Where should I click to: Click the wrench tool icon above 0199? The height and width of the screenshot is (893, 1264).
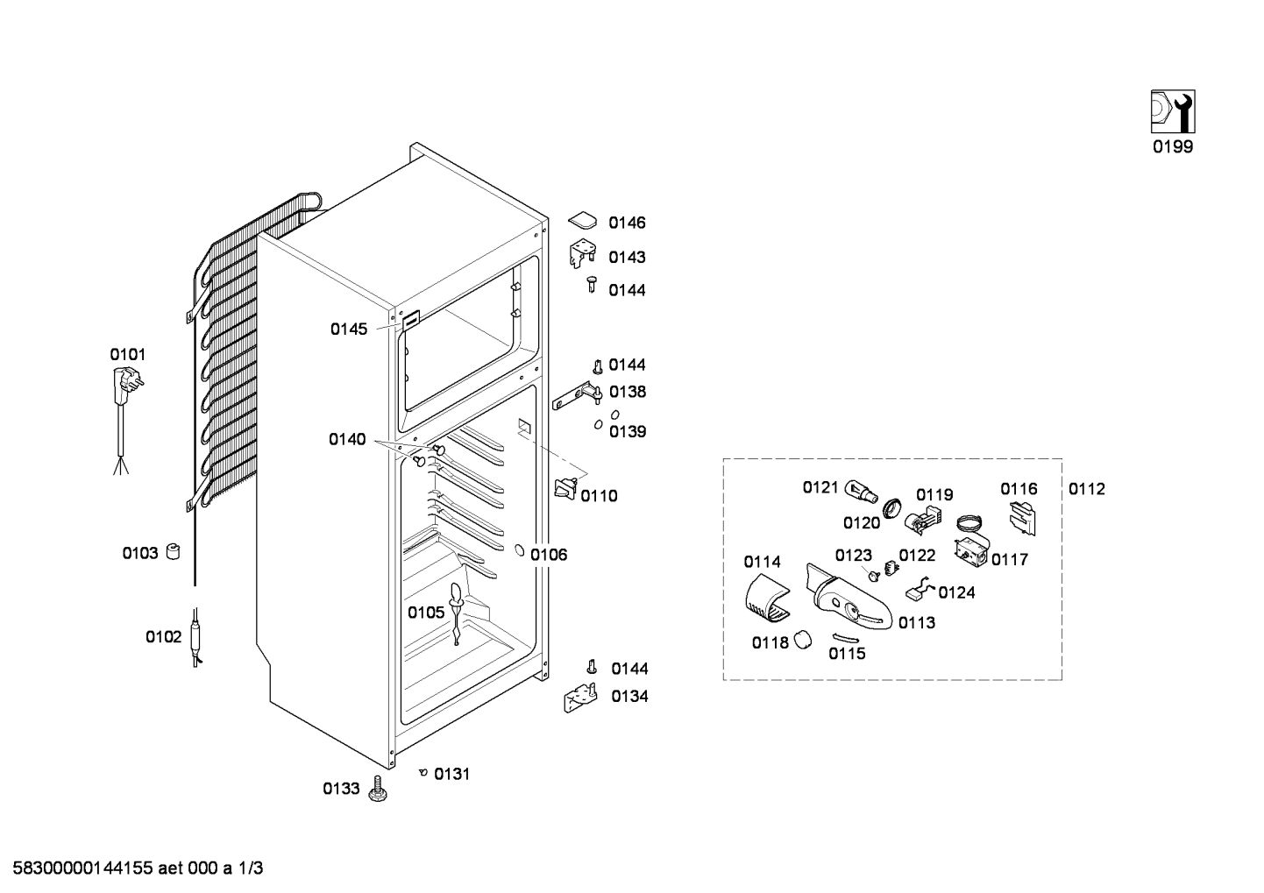point(1173,111)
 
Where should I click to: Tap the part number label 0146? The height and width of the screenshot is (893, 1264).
point(627,223)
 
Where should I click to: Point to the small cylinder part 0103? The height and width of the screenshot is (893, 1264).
point(173,552)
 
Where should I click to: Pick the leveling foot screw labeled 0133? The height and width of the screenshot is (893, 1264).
point(378,788)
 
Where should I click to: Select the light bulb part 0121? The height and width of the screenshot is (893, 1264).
point(862,491)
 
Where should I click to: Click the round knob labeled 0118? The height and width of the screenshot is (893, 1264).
point(802,640)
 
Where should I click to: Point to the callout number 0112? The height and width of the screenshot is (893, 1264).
point(1087,489)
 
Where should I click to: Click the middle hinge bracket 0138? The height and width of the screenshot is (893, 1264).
point(577,395)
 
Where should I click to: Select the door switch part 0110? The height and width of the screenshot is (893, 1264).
point(566,488)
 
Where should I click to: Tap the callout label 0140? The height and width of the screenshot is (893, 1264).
point(347,439)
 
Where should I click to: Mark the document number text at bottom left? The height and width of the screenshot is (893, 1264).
point(138,868)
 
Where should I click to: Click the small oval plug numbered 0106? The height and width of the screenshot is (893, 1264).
point(520,550)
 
